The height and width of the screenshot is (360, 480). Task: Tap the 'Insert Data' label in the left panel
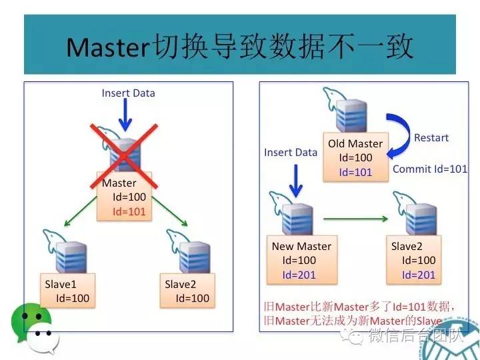[128, 93]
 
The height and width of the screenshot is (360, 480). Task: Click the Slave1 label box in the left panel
[67, 291]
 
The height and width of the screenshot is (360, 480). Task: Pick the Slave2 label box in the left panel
[187, 291]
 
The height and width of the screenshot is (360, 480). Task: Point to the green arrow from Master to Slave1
[80, 209]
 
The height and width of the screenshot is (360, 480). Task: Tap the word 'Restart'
[431, 138]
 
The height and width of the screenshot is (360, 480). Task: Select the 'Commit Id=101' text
[430, 169]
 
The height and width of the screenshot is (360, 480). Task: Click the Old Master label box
[355, 158]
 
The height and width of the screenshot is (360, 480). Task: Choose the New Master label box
[301, 260]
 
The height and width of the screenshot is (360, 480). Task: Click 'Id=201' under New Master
[299, 275]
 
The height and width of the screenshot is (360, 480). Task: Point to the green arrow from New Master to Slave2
[355, 217]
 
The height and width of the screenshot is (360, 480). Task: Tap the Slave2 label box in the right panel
[413, 260]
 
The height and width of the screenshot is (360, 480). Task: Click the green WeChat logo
[30, 323]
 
